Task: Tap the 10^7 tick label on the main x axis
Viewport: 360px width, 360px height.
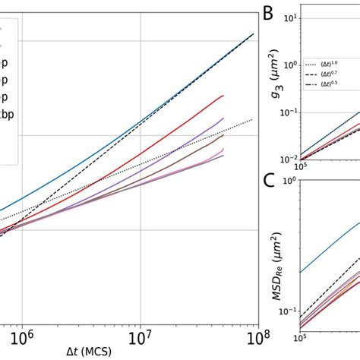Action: [141, 335]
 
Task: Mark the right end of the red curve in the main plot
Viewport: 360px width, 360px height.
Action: [223, 96]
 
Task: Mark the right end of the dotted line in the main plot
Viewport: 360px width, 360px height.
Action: [251, 119]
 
